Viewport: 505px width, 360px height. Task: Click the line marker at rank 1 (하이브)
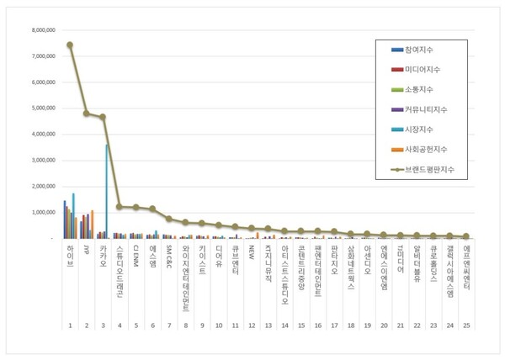(x=70, y=45)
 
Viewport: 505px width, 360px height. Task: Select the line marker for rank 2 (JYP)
(x=86, y=113)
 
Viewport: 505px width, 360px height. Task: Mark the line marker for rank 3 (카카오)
(x=103, y=117)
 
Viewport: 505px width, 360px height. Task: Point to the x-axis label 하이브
(x=70, y=254)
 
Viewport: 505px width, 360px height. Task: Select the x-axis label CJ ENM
(x=136, y=255)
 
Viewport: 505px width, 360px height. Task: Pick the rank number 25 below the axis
(x=465, y=325)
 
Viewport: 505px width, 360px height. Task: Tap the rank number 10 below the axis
(x=218, y=325)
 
